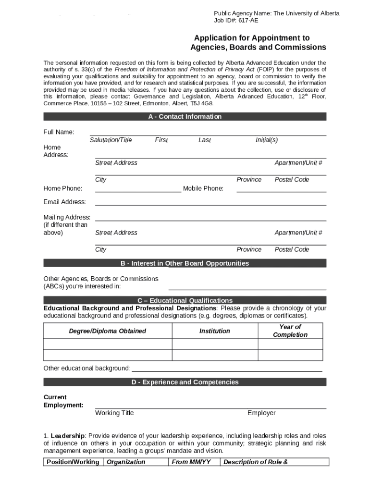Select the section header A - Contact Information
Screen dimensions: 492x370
click(x=185, y=117)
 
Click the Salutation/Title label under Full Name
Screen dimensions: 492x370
click(x=111, y=140)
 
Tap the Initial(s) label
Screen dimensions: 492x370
click(x=266, y=140)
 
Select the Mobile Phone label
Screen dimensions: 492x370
click(x=203, y=188)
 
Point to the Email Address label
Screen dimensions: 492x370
click(x=64, y=202)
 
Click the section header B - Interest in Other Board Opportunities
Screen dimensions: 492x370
click(x=185, y=263)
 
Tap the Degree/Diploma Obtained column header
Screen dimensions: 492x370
click(x=107, y=331)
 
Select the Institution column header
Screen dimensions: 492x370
click(x=215, y=331)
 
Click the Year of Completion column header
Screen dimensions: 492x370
click(x=290, y=331)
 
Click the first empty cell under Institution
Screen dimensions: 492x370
click(x=215, y=344)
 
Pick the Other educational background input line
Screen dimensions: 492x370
click(x=227, y=370)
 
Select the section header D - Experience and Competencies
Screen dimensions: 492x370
click(x=185, y=382)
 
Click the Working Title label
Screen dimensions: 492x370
click(x=114, y=413)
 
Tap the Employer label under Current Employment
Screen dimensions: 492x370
click(x=261, y=413)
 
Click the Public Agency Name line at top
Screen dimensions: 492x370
click(x=276, y=13)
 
